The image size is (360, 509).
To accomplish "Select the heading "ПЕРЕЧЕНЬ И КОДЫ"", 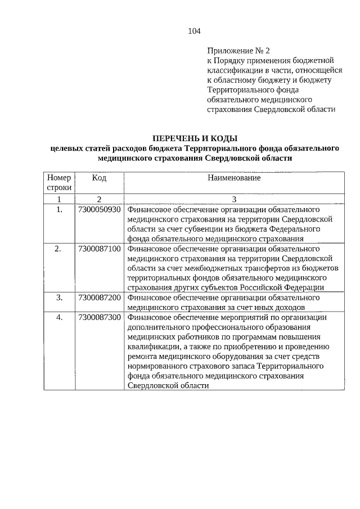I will (x=195, y=138).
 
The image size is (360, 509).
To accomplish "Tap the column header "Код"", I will (x=99, y=178).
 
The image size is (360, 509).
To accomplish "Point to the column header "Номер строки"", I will (x=59, y=183).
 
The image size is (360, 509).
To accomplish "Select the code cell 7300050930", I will (x=100, y=209).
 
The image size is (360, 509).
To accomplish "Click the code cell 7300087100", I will (x=100, y=248).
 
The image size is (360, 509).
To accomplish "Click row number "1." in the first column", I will (x=59, y=209).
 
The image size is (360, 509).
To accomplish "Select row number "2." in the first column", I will (x=59, y=248).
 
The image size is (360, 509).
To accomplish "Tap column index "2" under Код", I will (x=99, y=199).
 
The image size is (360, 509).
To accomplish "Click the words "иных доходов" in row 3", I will (x=282, y=307).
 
